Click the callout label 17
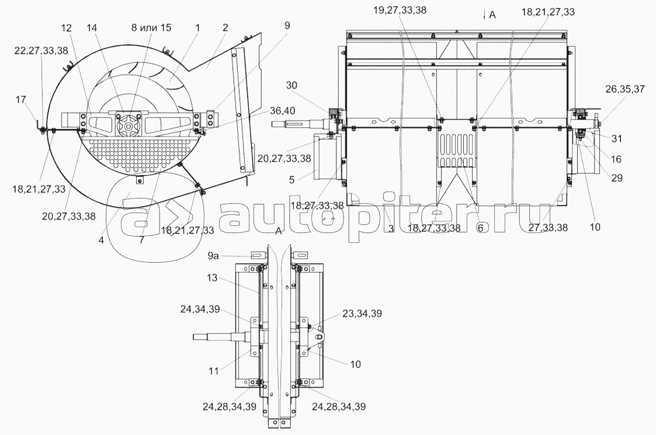20,99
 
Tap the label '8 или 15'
151,27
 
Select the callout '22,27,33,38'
40,51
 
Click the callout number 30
291,85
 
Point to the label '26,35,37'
625,89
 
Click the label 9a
213,256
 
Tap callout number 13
212,277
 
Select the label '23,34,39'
362,314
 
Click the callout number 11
213,371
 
